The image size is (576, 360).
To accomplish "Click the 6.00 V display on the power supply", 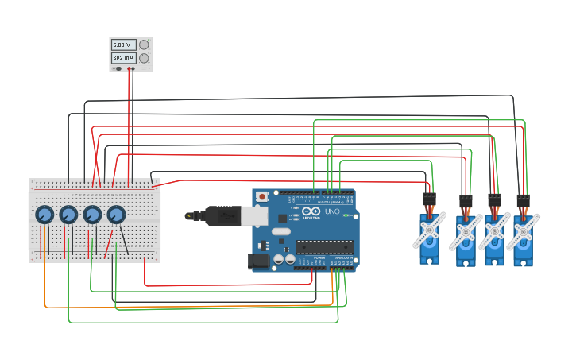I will (x=123, y=45).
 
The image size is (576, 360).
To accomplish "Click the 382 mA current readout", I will (x=123, y=58).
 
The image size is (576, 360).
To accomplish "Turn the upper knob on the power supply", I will (x=144, y=45).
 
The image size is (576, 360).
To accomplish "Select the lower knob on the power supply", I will (x=144, y=58).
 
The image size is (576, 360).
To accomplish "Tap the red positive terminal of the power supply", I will (x=129, y=68).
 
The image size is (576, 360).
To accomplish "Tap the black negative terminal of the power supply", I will (x=133, y=68).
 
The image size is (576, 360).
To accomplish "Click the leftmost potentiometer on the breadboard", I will (x=44, y=215).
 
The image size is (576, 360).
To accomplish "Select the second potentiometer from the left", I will (x=68, y=215).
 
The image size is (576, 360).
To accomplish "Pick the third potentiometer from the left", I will (x=92, y=215).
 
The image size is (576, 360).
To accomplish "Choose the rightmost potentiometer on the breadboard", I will (x=116, y=215).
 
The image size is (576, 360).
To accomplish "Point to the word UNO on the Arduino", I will (x=331, y=211).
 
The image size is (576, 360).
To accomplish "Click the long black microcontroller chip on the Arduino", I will (x=325, y=247).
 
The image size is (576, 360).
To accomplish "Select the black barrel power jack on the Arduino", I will (x=260, y=260).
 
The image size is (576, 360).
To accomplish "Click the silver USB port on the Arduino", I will (x=253, y=215).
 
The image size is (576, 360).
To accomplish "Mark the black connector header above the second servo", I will (x=466, y=201).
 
